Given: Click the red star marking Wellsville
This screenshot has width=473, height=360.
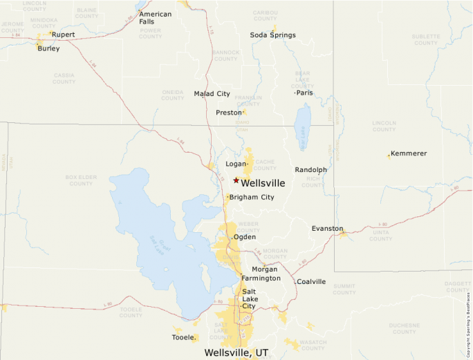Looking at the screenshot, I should (x=236, y=180).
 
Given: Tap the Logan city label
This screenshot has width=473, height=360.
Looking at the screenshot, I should (x=236, y=164).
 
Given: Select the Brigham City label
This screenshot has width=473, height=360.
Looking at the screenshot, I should (x=252, y=197).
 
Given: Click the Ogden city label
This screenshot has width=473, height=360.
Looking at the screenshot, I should (x=245, y=237).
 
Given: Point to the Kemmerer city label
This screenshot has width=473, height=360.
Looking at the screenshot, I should (x=409, y=153).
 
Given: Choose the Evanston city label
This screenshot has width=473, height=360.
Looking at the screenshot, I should (x=327, y=228).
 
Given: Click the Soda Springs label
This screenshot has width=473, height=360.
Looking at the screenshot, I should (x=272, y=35).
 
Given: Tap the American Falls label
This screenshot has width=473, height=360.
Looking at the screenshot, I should (x=156, y=18).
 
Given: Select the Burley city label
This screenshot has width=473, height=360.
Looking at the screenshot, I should (x=48, y=48).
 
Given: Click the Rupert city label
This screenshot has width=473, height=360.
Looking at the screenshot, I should (x=63, y=34).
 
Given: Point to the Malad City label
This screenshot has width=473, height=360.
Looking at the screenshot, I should (x=212, y=93).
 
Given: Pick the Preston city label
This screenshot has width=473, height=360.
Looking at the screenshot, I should (x=228, y=112).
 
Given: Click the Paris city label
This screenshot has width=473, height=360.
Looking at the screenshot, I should (x=305, y=93).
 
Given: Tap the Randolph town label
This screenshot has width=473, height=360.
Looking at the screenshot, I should (x=310, y=169).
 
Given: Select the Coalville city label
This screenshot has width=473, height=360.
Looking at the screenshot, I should (x=311, y=281).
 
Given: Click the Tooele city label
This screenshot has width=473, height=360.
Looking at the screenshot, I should (x=183, y=337).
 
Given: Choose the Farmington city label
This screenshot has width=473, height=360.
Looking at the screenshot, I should (x=261, y=278).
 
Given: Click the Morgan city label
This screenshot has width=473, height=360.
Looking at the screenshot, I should (x=264, y=269).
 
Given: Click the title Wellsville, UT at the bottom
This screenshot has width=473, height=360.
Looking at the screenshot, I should (x=236, y=352).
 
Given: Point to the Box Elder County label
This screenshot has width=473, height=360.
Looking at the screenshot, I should (x=81, y=180).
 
